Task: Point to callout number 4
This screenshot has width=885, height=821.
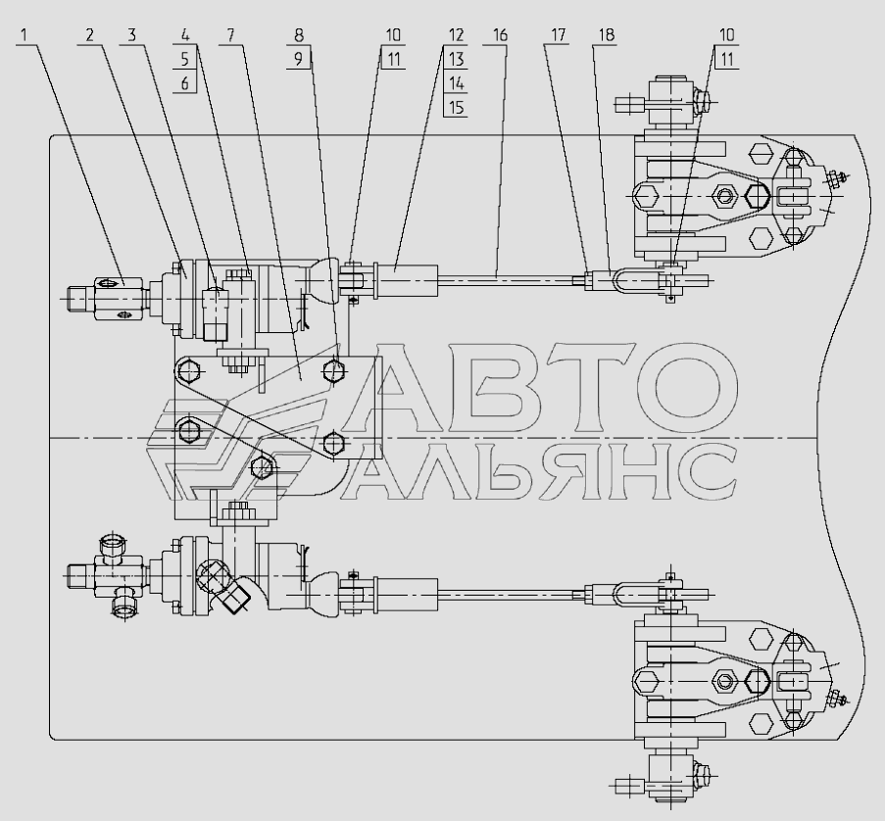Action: click(183, 34)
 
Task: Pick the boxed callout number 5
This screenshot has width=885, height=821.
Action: click(183, 59)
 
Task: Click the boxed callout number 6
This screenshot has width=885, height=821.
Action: click(183, 83)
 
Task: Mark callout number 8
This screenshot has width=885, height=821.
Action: click(299, 34)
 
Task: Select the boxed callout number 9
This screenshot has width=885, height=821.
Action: click(299, 59)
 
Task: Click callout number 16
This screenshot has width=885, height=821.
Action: click(500, 34)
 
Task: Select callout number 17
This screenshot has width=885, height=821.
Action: click(557, 34)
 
